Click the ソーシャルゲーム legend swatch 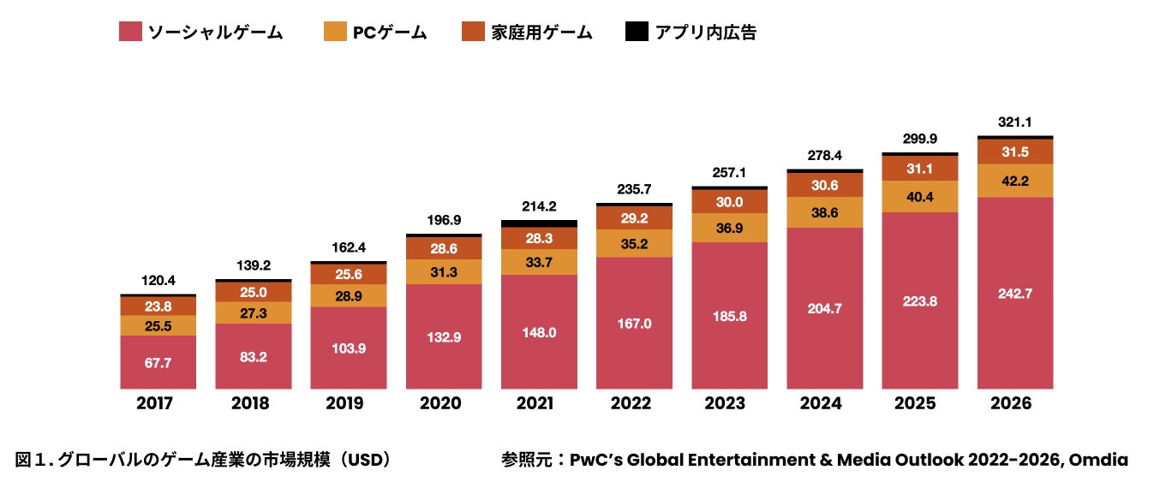[130, 33]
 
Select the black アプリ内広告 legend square [637, 33]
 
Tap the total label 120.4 [158, 281]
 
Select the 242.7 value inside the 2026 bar [1014, 294]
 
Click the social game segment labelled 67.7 [158, 362]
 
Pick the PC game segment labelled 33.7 [539, 262]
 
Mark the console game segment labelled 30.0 [729, 202]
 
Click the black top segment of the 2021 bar [539, 223]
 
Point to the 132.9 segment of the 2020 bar [444, 336]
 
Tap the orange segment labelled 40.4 [919, 197]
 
